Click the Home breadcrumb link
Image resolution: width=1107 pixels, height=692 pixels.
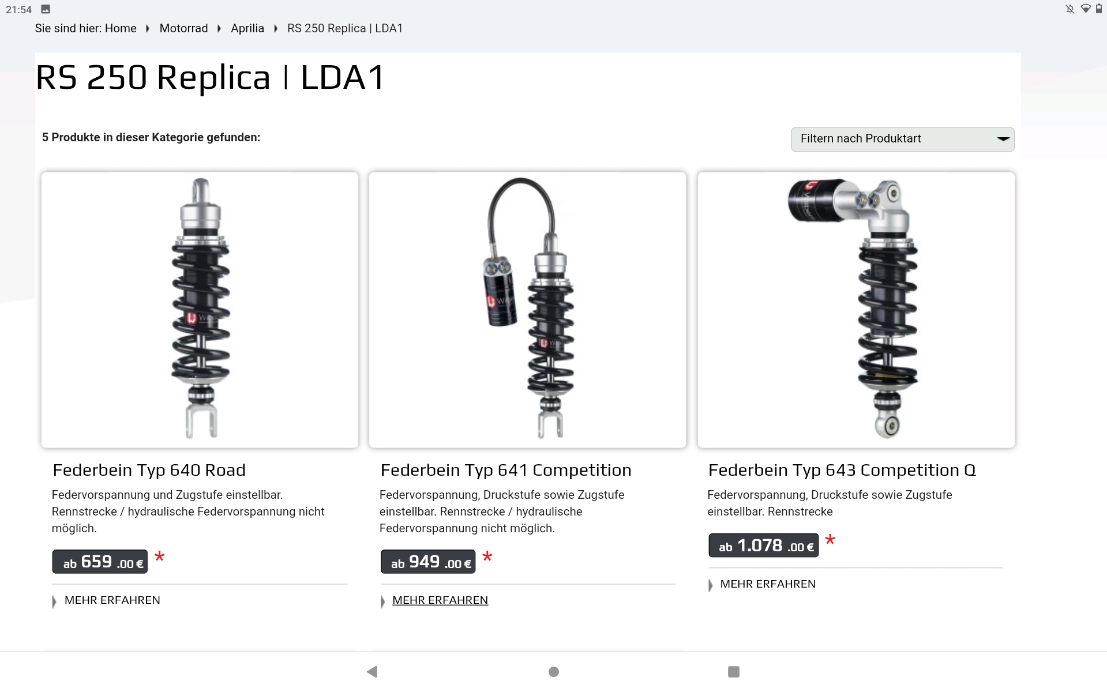[x=121, y=28]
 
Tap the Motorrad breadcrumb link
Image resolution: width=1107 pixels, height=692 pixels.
[x=183, y=28]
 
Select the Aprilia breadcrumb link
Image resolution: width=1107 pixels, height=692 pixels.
[x=247, y=28]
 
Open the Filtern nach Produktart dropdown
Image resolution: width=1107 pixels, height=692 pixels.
[x=902, y=139]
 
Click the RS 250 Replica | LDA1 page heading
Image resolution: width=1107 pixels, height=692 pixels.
[x=211, y=77]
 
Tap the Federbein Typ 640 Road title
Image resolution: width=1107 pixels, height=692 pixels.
[x=149, y=470]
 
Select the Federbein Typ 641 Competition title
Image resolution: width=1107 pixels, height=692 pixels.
[x=506, y=470]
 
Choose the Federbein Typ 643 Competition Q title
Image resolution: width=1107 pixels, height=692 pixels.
[x=842, y=470]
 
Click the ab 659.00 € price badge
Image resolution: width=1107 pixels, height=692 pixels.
[x=100, y=562]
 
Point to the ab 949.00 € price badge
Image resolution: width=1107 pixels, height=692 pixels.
[x=428, y=562]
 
